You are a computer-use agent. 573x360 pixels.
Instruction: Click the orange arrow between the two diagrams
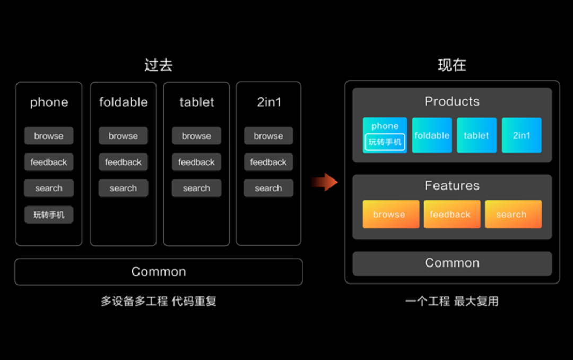pos(325,183)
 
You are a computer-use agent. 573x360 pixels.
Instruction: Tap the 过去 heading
pos(158,65)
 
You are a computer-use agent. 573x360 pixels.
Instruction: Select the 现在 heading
pos(452,65)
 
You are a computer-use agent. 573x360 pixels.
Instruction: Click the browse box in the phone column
pos(49,136)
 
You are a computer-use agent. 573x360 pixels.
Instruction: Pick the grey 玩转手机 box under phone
pos(49,215)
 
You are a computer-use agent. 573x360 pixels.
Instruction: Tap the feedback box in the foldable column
pos(123,162)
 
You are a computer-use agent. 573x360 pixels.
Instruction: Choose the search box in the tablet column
pos(196,188)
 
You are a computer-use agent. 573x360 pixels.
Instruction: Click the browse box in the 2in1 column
pos(268,136)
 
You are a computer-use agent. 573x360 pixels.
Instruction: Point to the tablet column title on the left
pos(196,102)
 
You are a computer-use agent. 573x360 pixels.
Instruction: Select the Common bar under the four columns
pos(159,272)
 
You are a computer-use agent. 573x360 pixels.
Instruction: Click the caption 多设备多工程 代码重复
pos(159,302)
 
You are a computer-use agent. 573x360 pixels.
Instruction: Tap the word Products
pos(452,101)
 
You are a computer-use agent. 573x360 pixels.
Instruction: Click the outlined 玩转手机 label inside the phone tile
pos(385,142)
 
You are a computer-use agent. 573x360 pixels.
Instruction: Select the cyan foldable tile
pos(432,135)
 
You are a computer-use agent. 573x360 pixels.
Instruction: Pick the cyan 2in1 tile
pos(522,135)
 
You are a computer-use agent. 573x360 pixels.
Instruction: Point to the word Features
pos(452,185)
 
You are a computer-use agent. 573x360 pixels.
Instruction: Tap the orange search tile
pos(513,215)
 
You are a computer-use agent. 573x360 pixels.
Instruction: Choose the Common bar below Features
pos(452,263)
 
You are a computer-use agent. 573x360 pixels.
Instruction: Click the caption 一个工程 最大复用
pos(452,302)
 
